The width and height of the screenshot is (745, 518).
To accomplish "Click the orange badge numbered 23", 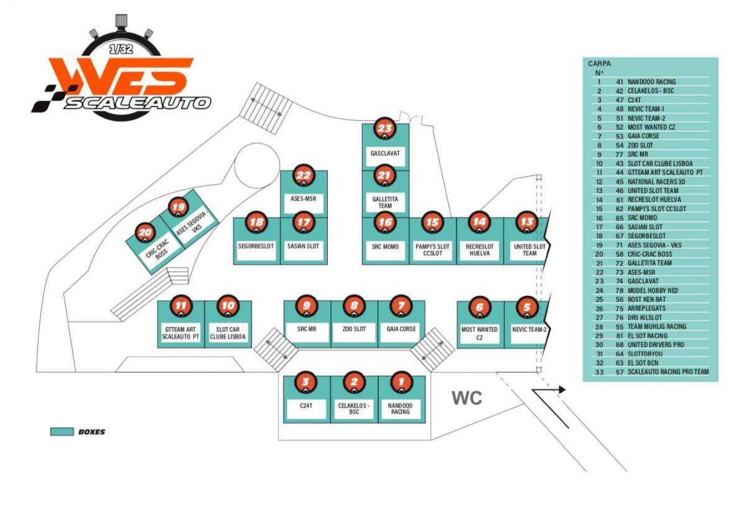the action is pos(385,128).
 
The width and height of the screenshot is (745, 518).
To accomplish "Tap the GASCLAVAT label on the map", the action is pos(385,153).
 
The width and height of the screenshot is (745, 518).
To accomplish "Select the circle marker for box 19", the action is pos(178,208).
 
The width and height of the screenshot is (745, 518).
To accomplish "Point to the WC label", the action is pos(467,398).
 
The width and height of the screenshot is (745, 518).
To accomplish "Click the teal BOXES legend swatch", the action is pos(62,432).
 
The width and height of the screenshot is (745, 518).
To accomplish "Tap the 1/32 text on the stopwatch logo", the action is pos(122,49).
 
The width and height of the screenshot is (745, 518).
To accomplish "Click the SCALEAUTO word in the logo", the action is pos(137,103).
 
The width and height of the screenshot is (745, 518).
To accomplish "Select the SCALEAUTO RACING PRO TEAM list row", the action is pos(652,372).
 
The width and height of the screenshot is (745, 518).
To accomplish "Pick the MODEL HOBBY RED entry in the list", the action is pos(652,290).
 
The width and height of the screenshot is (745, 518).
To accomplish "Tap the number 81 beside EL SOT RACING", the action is pos(620,336).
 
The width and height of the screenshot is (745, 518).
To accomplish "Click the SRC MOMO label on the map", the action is pos(385,247).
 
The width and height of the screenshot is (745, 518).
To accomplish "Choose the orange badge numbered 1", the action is pos(402,382).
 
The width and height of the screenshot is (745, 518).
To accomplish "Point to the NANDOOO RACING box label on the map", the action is pos(400,409).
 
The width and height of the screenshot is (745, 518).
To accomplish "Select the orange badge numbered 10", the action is pos(228,306).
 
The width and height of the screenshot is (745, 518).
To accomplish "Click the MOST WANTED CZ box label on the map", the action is pos(479,333).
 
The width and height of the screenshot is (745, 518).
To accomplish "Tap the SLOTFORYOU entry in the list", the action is pos(645,354).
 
